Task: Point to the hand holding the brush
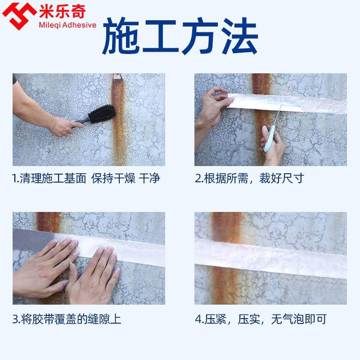pyautogui.click(x=63, y=125)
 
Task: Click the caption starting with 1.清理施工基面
pyautogui.click(x=86, y=179)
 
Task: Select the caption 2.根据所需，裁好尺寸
pyautogui.click(x=250, y=179)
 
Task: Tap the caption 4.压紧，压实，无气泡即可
pyautogui.click(x=261, y=320)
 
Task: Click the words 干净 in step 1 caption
pyautogui.click(x=149, y=179)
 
